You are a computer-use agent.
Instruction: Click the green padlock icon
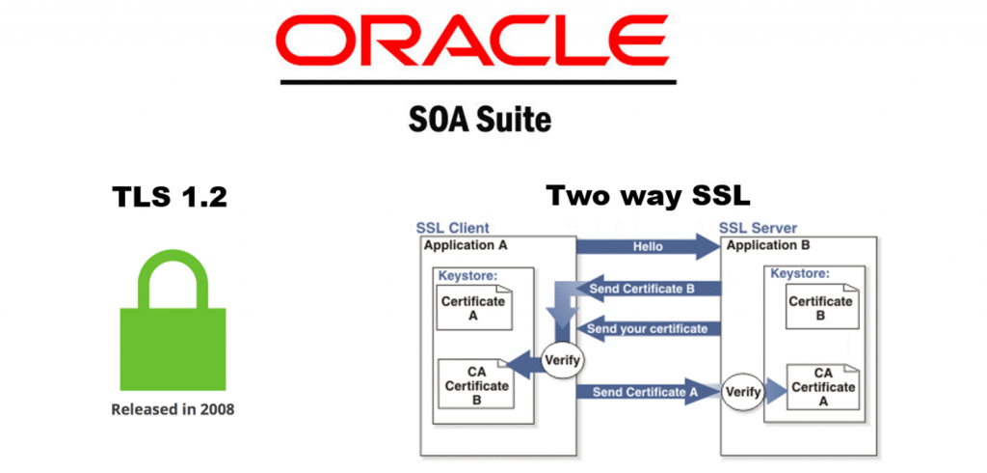coord(173,318)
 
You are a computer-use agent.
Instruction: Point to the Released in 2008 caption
coord(173,409)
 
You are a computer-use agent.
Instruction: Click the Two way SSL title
coord(647,196)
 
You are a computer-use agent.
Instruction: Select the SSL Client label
coord(452,229)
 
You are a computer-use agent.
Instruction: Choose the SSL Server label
coord(759,229)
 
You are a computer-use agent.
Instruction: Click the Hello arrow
coord(648,247)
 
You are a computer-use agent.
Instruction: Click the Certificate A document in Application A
coord(473,308)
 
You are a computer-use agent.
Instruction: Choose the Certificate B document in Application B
coord(820,308)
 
